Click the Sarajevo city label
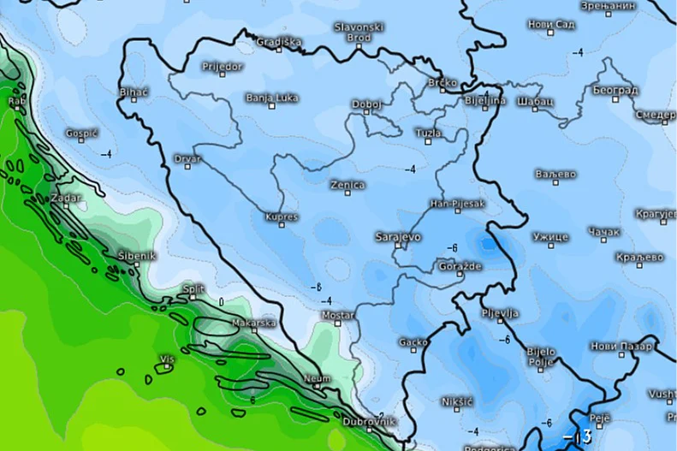[397, 235]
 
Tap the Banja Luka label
[271, 98]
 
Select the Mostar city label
[337, 315]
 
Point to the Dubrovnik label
[369, 421]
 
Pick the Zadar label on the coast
[66, 197]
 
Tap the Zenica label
[347, 185]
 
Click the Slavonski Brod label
[358, 33]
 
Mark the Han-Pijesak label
[457, 203]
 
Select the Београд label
[614, 90]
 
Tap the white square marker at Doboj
[366, 114]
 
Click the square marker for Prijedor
[223, 76]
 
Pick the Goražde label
[461, 267]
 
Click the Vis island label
[167, 359]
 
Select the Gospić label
[82, 134]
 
